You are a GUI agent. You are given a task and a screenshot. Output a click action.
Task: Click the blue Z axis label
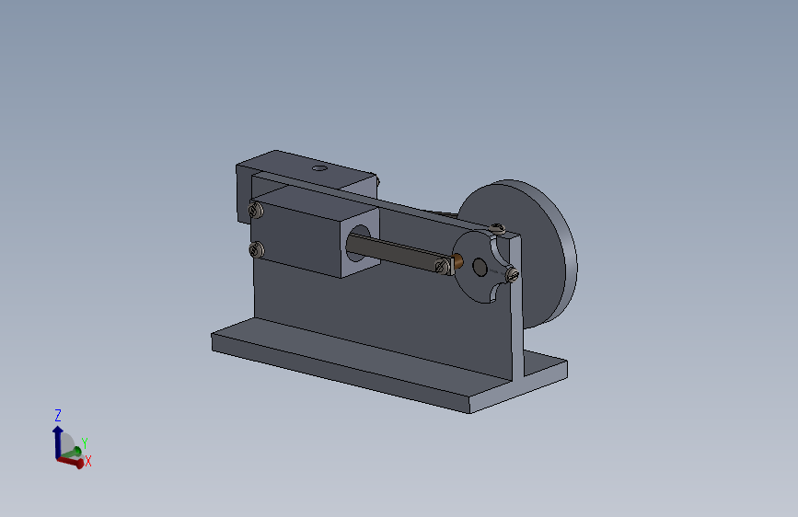(x=57, y=415)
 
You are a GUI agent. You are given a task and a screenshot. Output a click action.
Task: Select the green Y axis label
(x=85, y=443)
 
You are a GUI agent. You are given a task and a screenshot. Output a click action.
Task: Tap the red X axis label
(x=88, y=461)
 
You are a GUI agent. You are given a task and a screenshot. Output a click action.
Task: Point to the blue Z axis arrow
(x=57, y=442)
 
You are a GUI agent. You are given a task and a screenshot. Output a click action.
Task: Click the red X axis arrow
(x=71, y=462)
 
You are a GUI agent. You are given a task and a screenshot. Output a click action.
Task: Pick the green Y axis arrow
(x=71, y=453)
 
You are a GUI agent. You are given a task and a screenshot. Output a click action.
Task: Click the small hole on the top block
(x=319, y=167)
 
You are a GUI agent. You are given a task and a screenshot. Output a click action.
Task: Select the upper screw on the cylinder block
(x=256, y=210)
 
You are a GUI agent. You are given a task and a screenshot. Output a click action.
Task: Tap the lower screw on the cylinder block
(x=257, y=249)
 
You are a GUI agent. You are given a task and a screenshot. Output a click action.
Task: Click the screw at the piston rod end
(x=442, y=265)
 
